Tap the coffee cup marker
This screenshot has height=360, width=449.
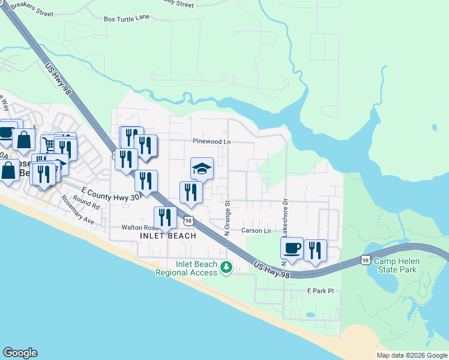pyautogui.click(x=292, y=249)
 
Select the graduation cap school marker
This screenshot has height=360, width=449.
pyautogui.click(x=202, y=169)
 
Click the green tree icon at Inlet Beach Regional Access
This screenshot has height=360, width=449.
pyautogui.click(x=226, y=268)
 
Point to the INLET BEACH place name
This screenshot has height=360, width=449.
pyautogui.click(x=168, y=236)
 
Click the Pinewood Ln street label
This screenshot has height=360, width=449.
pyautogui.click(x=212, y=142)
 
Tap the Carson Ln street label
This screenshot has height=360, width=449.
pyautogui.click(x=256, y=230)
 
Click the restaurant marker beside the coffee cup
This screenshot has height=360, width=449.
pyautogui.click(x=315, y=251)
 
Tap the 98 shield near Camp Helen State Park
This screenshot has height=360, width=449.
pyautogui.click(x=366, y=260)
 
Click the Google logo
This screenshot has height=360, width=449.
pyautogui.click(x=20, y=353)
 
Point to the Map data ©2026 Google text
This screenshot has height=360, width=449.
pyautogui.click(x=411, y=355)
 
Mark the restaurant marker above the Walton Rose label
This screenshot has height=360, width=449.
pyautogui.click(x=165, y=218)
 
